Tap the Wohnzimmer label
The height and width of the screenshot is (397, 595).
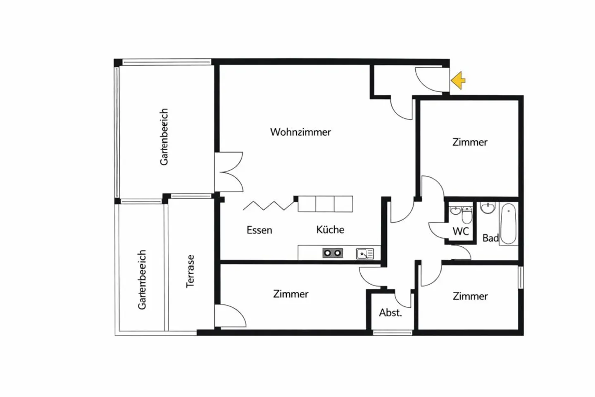300,132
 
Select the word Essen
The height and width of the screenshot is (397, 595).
259,230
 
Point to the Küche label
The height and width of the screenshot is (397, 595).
330,230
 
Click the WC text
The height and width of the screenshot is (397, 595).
461,231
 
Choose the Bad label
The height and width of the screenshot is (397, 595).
490,238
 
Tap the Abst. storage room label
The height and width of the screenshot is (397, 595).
390,313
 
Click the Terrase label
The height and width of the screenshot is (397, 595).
190,271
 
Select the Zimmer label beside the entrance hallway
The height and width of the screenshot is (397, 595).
470,142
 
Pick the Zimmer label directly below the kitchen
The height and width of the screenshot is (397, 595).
290,294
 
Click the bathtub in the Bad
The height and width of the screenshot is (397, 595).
509,223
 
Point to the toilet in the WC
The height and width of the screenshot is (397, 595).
467,215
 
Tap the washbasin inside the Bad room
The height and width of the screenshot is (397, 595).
488,208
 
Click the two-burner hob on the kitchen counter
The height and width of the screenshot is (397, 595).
333,253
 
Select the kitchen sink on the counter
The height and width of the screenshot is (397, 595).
364,254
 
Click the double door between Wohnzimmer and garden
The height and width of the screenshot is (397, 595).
228,172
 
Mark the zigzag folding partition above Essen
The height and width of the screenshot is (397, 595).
269,205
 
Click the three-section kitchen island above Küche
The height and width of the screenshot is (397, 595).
325,204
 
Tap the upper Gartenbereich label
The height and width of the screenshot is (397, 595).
164,137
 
